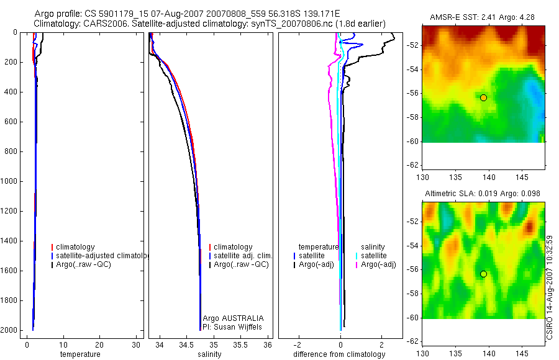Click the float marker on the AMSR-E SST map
point(483,97)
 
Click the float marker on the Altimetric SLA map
point(483,274)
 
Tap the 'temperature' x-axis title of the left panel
point(80,354)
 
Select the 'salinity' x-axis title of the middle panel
point(210,354)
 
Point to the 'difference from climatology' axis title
point(339,354)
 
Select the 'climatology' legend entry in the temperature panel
point(75,247)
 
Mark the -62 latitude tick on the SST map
point(411,165)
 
